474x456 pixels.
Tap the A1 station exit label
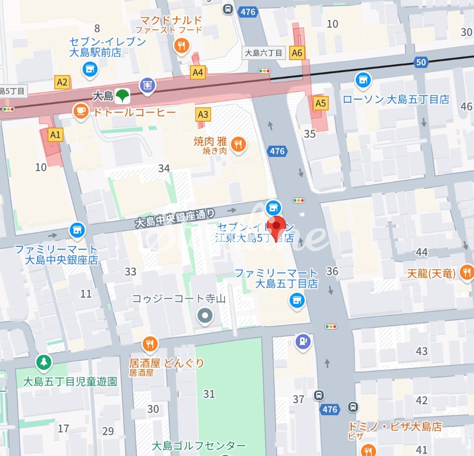[x=55, y=134]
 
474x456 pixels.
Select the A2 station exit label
[x=62, y=83]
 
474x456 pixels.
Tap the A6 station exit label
[x=297, y=53]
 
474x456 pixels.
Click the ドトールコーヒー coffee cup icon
[x=80, y=111]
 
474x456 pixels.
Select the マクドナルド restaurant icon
[x=181, y=47]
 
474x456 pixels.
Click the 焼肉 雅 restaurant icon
[x=239, y=145]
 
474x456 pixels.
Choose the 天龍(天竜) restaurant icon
[x=466, y=273]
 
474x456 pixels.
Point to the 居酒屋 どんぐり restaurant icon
[x=149, y=343]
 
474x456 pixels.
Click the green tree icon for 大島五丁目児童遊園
[x=44, y=362]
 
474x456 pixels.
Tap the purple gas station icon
[x=303, y=341]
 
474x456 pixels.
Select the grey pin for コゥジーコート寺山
[x=204, y=316]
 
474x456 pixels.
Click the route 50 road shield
[x=421, y=62]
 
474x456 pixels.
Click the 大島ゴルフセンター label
[x=198, y=445]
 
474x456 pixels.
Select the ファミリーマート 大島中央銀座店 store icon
[x=77, y=230]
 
